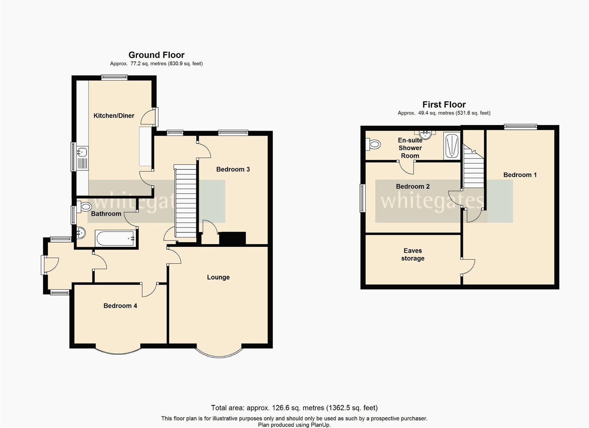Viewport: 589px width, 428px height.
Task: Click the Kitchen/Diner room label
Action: coord(114,116)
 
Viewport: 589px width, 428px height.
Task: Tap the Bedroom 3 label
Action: coord(233,169)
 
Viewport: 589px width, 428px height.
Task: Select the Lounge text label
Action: coord(218,277)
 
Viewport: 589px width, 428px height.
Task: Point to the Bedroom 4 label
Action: coord(120,306)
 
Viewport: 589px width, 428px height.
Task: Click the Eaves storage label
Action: coord(413,254)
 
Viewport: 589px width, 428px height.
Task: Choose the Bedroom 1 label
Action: coord(520,175)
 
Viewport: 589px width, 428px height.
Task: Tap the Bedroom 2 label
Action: coord(413,186)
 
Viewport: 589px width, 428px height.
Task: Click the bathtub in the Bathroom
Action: coord(115,238)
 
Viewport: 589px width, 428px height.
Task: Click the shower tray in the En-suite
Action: coord(452,146)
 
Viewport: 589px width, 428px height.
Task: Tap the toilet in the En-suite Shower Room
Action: coord(373,144)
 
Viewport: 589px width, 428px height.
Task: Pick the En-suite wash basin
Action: coord(425,135)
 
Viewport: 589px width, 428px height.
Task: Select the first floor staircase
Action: coord(473,167)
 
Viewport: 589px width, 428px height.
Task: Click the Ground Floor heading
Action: coord(156,55)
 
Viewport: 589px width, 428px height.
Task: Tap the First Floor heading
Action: coord(444,104)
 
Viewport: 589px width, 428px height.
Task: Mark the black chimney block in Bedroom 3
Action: coord(232,238)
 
